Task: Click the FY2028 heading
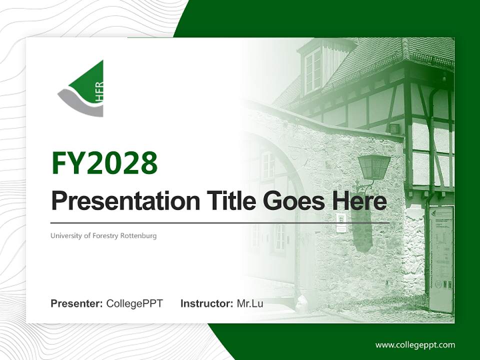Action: point(104,163)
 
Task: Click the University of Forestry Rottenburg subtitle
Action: point(103,235)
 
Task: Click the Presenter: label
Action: point(76,303)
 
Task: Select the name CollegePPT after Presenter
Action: point(134,303)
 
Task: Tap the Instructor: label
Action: point(206,303)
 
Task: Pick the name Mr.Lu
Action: point(250,303)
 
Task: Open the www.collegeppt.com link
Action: point(415,345)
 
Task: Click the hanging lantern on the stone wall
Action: point(373,167)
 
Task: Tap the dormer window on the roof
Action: point(312,70)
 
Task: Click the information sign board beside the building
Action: point(440,257)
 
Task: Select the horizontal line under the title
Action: point(220,222)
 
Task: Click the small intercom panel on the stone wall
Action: point(341,223)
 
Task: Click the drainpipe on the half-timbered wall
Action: point(429,150)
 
